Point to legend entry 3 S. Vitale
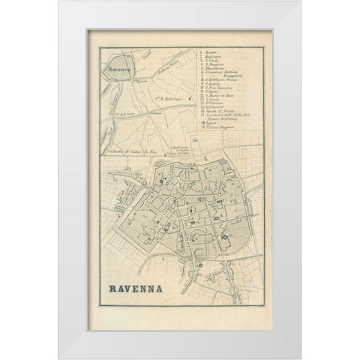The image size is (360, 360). (211, 61)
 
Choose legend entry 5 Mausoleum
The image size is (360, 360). (214, 68)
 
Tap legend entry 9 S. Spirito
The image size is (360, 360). (212, 84)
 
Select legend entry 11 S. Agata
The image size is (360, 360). (211, 91)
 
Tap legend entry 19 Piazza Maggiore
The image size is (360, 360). (217, 127)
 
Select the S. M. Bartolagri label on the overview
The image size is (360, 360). (168, 99)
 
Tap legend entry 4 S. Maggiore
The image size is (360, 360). (214, 64)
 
